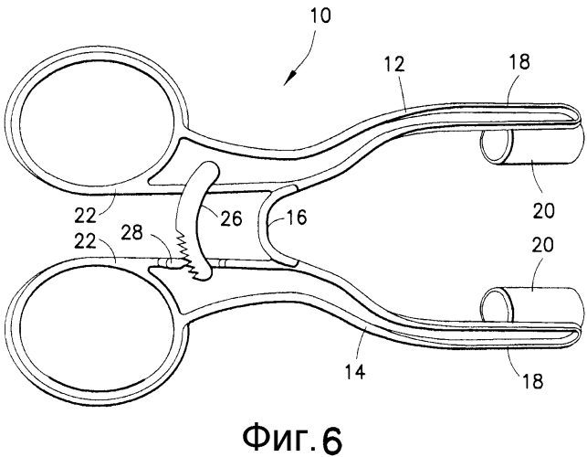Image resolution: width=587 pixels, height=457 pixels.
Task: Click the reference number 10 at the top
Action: click(320, 16)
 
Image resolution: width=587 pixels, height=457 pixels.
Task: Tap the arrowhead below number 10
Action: click(288, 78)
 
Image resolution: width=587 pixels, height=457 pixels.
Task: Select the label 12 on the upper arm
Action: click(394, 64)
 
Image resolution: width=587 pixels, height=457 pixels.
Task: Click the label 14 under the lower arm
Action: click(354, 372)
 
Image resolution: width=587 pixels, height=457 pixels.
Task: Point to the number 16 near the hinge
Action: click(296, 218)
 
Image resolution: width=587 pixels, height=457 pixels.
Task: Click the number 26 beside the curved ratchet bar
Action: click(231, 218)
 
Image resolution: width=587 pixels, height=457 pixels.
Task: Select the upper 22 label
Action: click(86, 215)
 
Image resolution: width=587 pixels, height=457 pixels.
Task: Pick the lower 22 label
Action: click(86, 241)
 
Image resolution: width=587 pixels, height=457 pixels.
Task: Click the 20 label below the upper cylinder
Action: click(543, 210)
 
